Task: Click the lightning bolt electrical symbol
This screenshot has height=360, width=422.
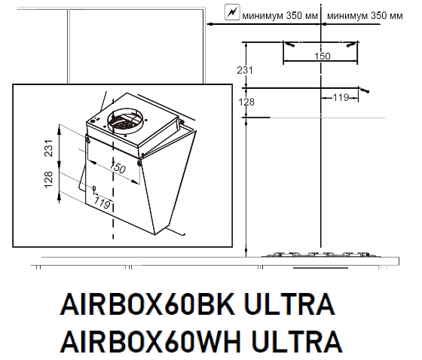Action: click(x=232, y=12)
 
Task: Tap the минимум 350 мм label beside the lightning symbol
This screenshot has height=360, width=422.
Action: click(x=280, y=16)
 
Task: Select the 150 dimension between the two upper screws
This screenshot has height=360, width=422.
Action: click(x=323, y=56)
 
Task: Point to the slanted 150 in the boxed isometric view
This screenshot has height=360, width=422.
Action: click(x=118, y=168)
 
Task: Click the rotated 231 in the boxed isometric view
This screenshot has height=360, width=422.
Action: click(x=48, y=148)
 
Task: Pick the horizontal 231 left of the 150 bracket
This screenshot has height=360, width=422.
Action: click(x=245, y=70)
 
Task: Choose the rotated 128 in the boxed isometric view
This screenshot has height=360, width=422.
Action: click(x=48, y=179)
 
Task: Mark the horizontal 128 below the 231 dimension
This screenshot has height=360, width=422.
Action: click(x=246, y=102)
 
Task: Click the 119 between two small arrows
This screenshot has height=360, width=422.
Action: click(x=341, y=97)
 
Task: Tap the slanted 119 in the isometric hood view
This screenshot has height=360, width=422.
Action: click(x=102, y=203)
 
